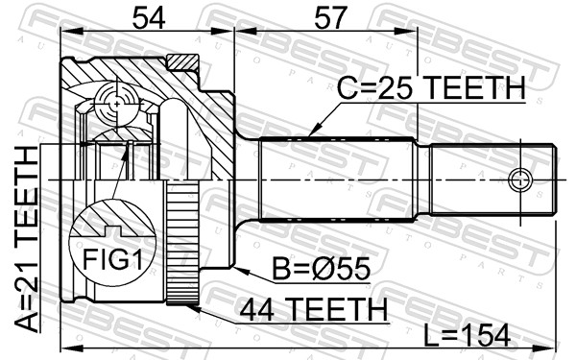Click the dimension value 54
(149, 18)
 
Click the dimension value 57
(330, 18)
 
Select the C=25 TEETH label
(431, 87)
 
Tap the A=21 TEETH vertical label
(27, 239)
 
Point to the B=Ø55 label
(321, 269)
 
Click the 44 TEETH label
(313, 309)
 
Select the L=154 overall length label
(468, 335)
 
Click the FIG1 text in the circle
(112, 259)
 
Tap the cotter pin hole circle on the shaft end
(520, 180)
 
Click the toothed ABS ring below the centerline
(182, 243)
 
